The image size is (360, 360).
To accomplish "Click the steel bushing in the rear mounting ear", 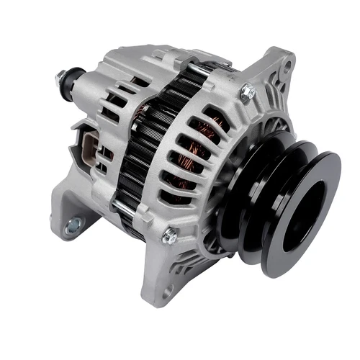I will tap(73, 228).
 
